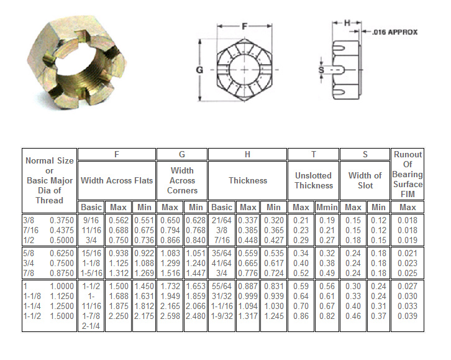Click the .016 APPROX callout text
(395, 32)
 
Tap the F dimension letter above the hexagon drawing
(245, 27)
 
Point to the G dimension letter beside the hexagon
(199, 70)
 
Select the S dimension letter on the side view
(321, 70)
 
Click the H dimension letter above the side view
(347, 23)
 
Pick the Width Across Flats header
(117, 180)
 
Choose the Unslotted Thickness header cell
(314, 180)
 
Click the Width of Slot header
(365, 180)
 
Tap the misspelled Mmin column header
(327, 207)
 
